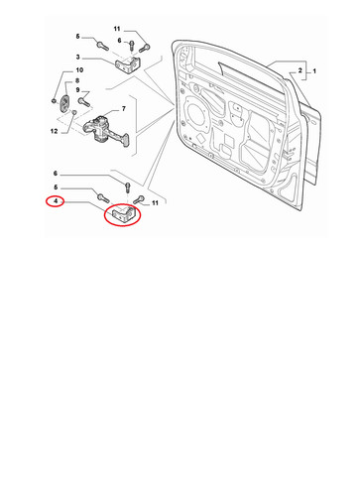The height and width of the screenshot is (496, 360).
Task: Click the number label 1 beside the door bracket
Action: point(314,71)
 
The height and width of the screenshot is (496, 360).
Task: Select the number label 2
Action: point(300,70)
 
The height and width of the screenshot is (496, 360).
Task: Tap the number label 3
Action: point(78,57)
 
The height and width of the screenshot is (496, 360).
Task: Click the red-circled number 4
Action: point(56,200)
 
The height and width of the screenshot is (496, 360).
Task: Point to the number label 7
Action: point(124,108)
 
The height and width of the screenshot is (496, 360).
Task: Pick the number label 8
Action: point(77,80)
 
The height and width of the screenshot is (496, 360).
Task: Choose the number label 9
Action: point(77,90)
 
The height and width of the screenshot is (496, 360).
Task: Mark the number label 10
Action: point(79,70)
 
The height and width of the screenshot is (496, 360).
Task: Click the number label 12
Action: point(54,131)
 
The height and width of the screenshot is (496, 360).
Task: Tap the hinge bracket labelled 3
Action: point(128,65)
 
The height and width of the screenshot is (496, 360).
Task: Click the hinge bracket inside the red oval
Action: point(123,215)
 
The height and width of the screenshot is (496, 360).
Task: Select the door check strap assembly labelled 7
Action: point(105,131)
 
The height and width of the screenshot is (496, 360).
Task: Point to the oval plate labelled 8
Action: point(64,102)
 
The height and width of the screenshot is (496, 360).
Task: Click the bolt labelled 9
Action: point(84,102)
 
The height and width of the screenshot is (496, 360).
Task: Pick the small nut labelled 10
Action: point(54,100)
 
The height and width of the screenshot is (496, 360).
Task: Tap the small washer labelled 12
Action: point(74,112)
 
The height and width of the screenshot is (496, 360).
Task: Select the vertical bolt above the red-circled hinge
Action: point(128,188)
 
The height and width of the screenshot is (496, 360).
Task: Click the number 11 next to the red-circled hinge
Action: point(155,203)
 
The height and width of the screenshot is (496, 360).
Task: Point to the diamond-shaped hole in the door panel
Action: point(200,138)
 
